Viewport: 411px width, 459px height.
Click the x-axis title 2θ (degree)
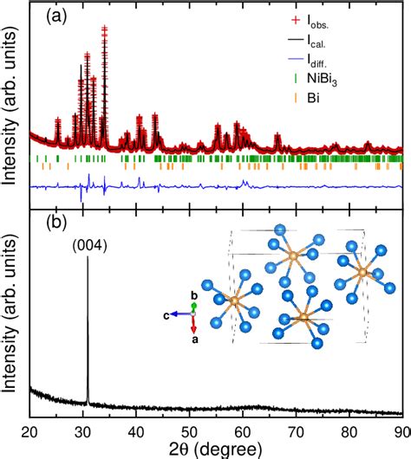(x=216, y=449)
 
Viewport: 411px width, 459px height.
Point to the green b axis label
(x=193, y=295)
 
